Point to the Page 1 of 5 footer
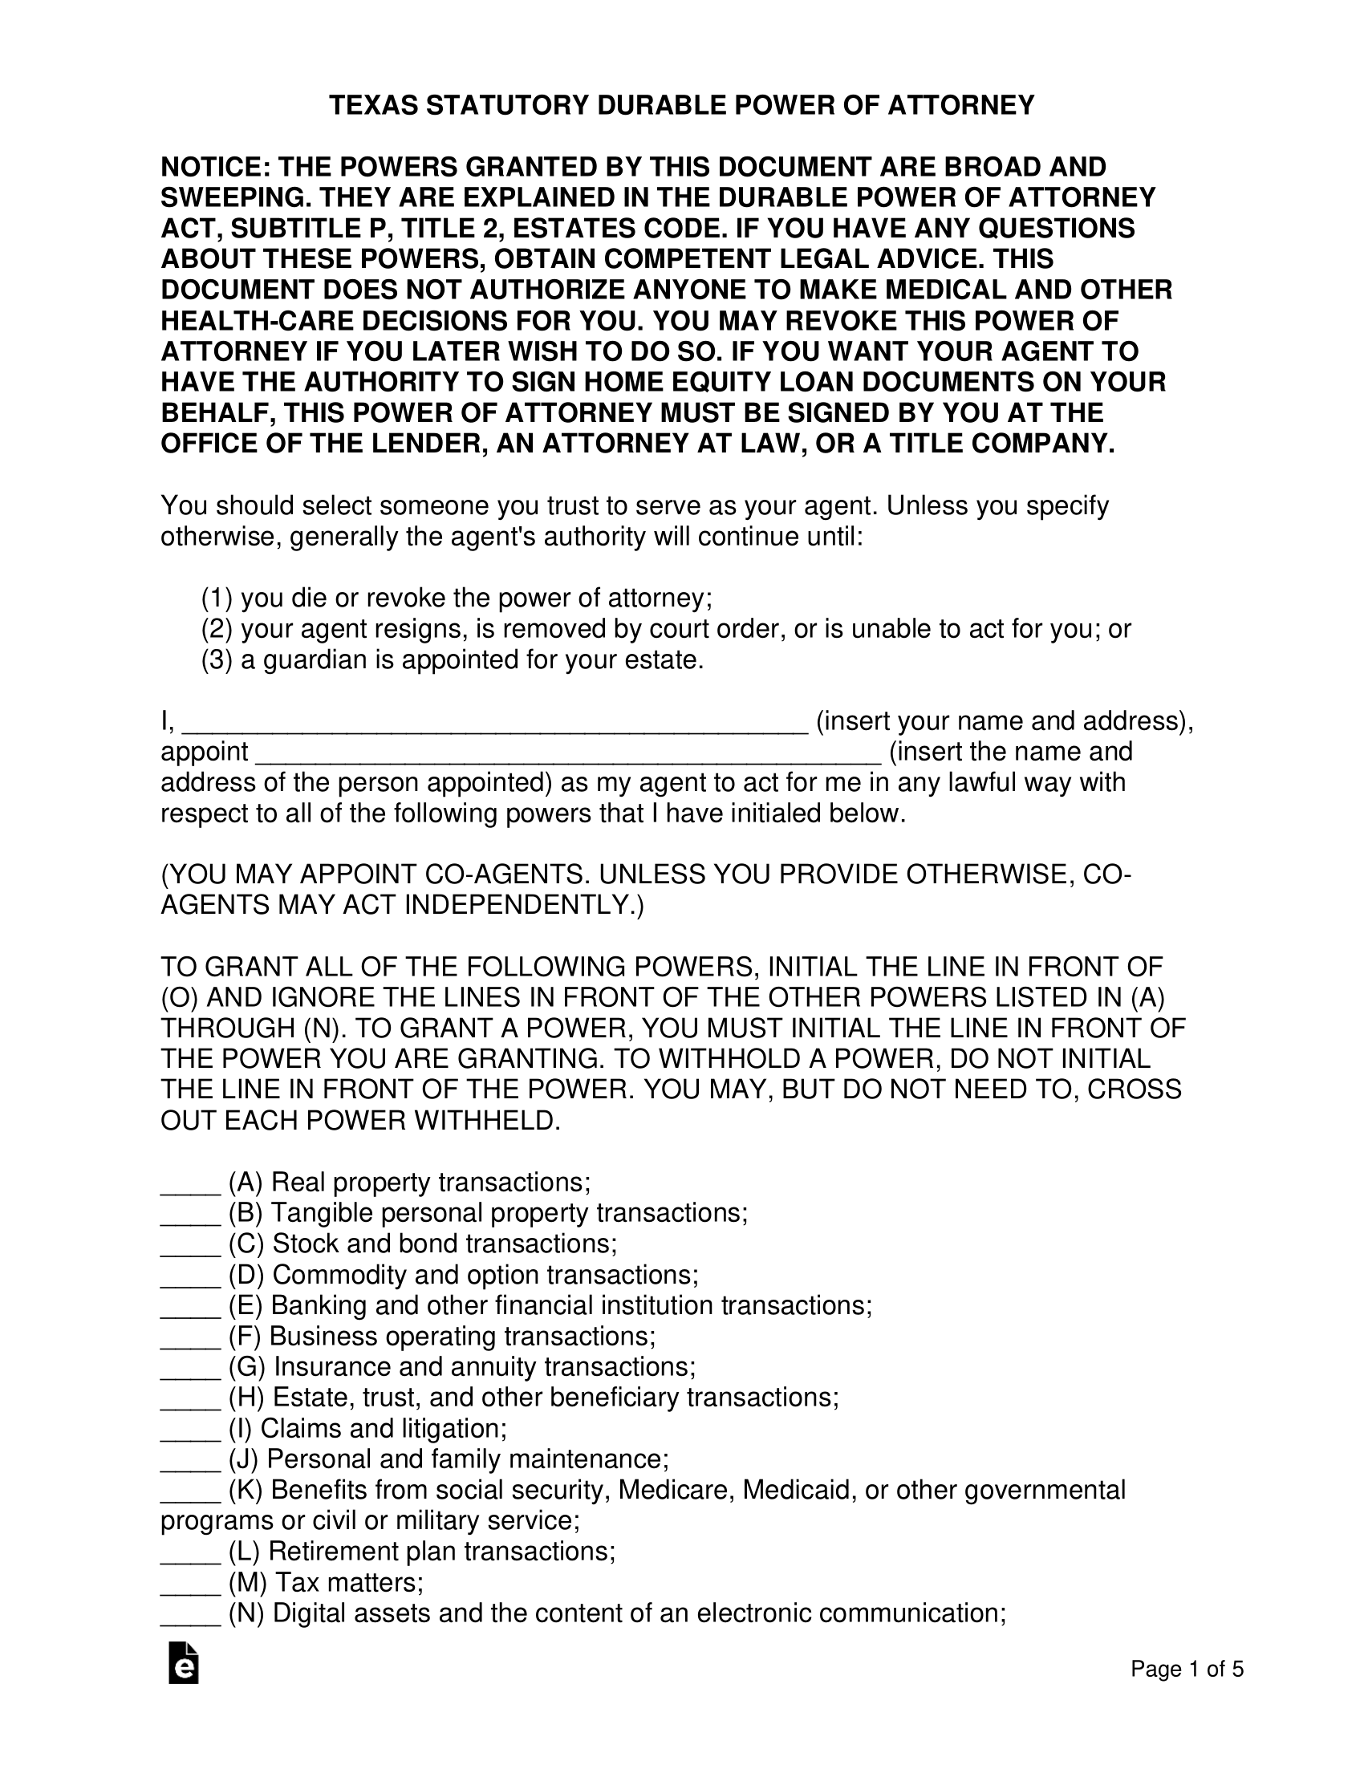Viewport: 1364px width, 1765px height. (x=1186, y=1669)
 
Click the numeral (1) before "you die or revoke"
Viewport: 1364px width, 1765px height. (x=217, y=598)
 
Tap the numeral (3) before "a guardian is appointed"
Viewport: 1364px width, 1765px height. (x=217, y=660)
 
